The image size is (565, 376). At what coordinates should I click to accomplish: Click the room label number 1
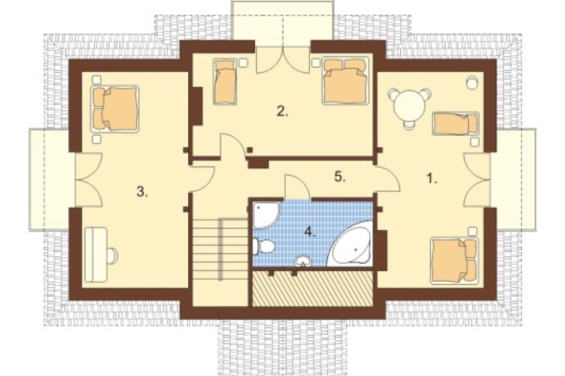tap(432, 178)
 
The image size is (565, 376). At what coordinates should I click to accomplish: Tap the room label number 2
tap(282, 111)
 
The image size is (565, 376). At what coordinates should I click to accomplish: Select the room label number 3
tap(142, 192)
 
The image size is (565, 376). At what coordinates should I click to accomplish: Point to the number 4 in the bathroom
tap(310, 231)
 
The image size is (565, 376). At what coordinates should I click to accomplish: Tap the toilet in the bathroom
tap(264, 247)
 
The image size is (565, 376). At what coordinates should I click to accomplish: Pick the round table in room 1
tap(409, 106)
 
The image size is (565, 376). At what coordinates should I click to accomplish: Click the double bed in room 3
tap(115, 108)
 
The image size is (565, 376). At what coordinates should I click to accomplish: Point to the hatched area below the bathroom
tap(312, 288)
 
